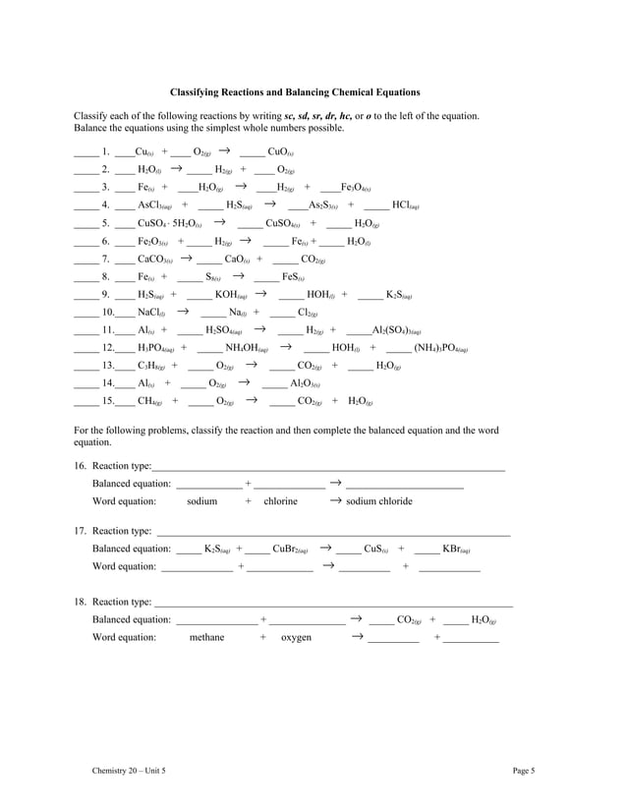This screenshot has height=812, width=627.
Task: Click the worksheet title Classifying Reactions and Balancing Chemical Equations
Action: pos(295,92)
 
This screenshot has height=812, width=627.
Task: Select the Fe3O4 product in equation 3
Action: pos(355,188)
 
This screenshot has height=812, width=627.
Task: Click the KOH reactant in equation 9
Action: pos(231,295)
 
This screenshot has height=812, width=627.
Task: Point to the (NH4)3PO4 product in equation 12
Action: pos(440,349)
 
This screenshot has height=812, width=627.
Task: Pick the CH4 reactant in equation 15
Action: pos(151,402)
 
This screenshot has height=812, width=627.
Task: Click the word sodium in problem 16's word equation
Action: pos(201,501)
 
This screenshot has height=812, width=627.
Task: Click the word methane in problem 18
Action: pos(206,638)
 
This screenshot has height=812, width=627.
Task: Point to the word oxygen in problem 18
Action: pos(296,638)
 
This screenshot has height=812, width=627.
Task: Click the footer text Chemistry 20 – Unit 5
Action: pos(129,772)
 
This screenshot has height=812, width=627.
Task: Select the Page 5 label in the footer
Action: pos(523,772)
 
